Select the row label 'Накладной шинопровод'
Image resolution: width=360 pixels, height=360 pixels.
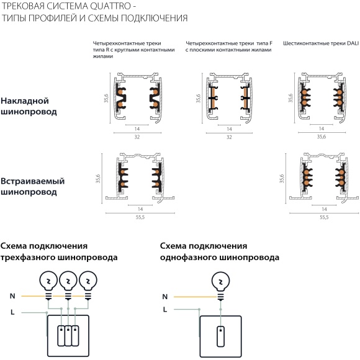pyautogui.click(x=29, y=106)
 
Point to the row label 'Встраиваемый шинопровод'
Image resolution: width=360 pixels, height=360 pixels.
pyautogui.click(x=32, y=186)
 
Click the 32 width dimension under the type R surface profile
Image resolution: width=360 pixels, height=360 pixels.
pyautogui.click(x=137, y=137)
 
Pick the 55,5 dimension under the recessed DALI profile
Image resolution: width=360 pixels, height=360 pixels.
pyautogui.click(x=323, y=217)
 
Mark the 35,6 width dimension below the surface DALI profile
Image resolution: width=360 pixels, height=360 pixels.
pyautogui.click(x=321, y=137)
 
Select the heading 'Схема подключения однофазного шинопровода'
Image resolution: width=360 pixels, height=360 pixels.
pyautogui.click(x=219, y=251)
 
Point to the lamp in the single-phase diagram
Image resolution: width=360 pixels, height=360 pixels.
pyautogui.click(x=219, y=282)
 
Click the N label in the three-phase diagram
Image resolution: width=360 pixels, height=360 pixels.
pyautogui.click(x=12, y=297)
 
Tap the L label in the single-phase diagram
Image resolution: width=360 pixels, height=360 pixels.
pyautogui.click(x=164, y=308)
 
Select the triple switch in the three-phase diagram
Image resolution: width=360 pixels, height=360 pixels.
pyautogui.click(x=68, y=336)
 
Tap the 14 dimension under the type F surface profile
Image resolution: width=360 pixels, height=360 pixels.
pyautogui.click(x=229, y=128)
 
